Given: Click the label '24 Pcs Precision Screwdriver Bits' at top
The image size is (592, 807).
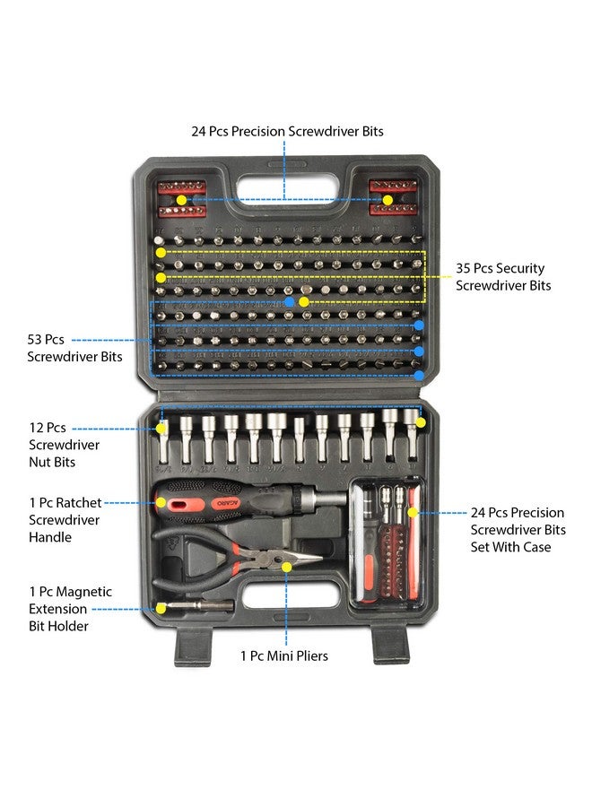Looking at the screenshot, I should pyautogui.click(x=287, y=131).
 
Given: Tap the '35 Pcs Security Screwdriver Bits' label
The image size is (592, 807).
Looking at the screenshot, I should pyautogui.click(x=500, y=277).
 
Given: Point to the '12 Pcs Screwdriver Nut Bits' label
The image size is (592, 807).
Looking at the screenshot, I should pyautogui.click(x=64, y=445).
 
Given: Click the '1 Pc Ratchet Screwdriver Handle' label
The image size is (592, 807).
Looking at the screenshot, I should pyautogui.click(x=64, y=520).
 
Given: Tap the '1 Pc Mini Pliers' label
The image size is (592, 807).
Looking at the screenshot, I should pyautogui.click(x=283, y=656).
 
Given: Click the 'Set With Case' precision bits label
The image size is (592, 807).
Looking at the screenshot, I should pyautogui.click(x=517, y=530).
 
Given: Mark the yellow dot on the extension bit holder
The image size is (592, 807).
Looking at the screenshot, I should pyautogui.click(x=161, y=607).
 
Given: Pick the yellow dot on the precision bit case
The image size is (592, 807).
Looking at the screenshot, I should pyautogui.click(x=413, y=513).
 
